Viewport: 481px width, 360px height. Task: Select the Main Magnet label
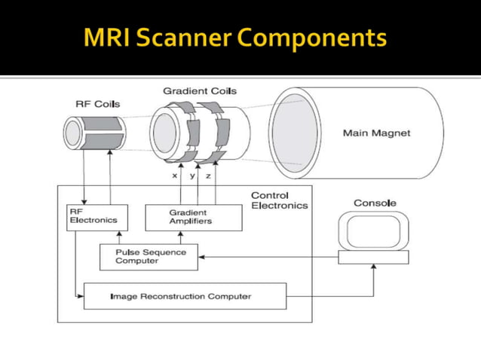click(376, 133)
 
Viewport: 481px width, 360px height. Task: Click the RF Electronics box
click(97, 217)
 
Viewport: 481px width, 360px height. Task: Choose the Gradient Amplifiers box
click(193, 217)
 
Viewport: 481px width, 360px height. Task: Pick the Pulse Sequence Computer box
click(149, 256)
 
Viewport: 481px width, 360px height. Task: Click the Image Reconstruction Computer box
click(185, 296)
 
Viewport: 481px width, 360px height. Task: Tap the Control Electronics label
click(279, 200)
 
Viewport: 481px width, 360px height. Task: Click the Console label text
click(375, 203)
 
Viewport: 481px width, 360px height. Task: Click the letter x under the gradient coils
click(175, 175)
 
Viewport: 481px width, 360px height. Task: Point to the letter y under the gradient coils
click(192, 175)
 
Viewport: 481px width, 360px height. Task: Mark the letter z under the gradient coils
click(208, 175)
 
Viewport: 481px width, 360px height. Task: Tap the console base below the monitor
click(373, 257)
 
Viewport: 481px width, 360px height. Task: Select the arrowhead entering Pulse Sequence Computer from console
click(202, 257)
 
